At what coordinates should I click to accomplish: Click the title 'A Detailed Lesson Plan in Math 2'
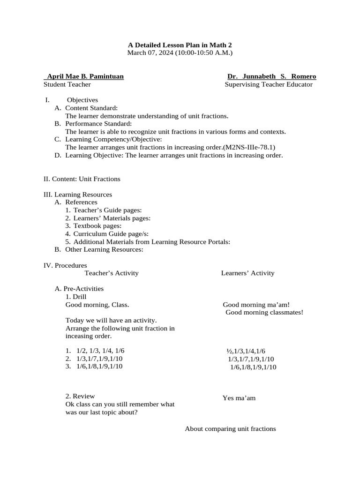pos(180,45)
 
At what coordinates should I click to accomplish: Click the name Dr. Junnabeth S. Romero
pos(271,76)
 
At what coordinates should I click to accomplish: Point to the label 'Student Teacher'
pos(67,84)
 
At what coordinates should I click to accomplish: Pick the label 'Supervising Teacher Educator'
pos(268,84)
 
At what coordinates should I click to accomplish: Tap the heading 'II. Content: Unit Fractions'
pos(82,179)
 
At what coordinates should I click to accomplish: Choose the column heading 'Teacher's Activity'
pos(112,273)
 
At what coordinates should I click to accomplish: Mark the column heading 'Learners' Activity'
pos(247,273)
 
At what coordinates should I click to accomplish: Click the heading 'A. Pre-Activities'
pos(80,289)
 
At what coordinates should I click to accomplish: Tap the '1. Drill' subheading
pos(76,297)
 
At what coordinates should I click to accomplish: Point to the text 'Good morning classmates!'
pos(264,313)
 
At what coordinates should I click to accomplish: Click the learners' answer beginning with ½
pos(246,351)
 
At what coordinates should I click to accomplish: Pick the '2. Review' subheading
pos(80,397)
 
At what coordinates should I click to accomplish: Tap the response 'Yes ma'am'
pos(239,398)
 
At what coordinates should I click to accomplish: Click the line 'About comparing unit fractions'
pos(230,429)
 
